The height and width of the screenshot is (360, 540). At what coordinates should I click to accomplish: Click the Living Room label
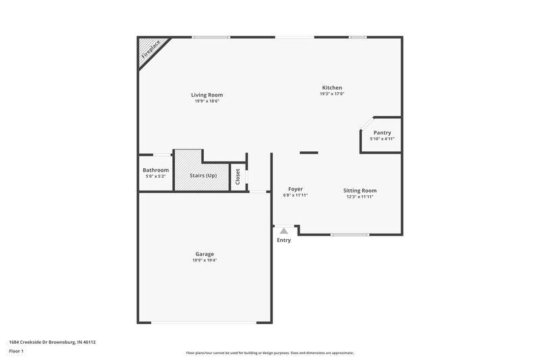coord(207,95)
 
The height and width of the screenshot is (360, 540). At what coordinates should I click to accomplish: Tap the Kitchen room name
coord(331,88)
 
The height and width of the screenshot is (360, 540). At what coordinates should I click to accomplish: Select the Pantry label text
coord(382,132)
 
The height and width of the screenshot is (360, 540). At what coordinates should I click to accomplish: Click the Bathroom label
coord(155,170)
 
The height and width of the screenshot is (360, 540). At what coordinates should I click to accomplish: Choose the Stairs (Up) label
coord(202,176)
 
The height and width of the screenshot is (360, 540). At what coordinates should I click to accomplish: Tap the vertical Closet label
coord(238,177)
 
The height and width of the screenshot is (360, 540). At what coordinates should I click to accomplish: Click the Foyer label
coord(295,189)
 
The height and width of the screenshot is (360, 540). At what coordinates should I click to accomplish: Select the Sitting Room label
coord(360,190)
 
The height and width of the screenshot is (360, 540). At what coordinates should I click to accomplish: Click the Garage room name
coord(205,254)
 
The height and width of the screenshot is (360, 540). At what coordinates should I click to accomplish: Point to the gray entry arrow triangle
coord(283,231)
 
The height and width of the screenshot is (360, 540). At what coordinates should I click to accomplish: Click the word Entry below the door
coord(283,240)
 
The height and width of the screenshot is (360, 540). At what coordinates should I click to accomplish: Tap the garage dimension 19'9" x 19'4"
coord(205,260)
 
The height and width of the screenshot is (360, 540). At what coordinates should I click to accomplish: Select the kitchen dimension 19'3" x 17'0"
coord(331,95)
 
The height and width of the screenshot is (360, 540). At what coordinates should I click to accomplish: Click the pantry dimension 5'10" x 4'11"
coord(382,138)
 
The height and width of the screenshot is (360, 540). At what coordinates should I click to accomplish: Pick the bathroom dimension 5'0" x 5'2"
coord(155,176)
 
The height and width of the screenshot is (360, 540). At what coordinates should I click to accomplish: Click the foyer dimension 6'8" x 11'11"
coord(295,195)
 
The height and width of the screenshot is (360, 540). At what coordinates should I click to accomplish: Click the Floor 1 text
coord(16,352)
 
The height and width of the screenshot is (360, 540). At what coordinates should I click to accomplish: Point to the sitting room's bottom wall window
coord(350,234)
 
